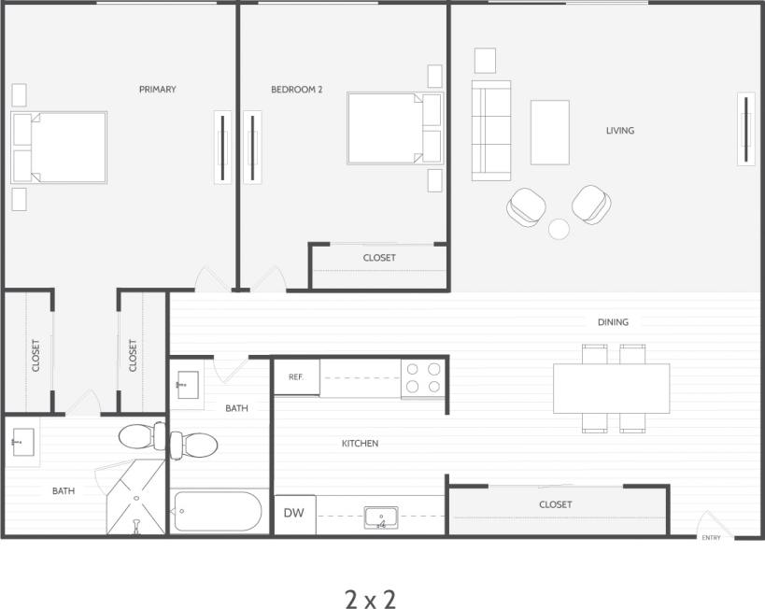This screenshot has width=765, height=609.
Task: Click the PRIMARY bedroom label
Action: pyautogui.click(x=157, y=90)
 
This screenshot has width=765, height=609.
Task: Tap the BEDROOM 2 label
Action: pyautogui.click(x=296, y=90)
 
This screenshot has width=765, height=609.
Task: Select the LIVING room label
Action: pyautogui.click(x=619, y=131)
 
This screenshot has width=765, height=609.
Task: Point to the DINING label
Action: pyautogui.click(x=613, y=322)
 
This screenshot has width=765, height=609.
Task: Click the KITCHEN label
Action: pyautogui.click(x=360, y=444)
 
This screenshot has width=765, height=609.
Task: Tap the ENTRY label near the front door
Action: pyautogui.click(x=711, y=538)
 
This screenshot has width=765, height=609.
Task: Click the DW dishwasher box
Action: pyautogui.click(x=294, y=514)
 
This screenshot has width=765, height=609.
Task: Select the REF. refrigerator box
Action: pyautogui.click(x=296, y=377)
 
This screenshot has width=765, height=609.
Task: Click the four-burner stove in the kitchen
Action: pyautogui.click(x=423, y=377)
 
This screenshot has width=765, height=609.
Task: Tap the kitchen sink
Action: pyautogui.click(x=380, y=517)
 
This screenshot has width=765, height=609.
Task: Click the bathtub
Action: pyautogui.click(x=218, y=512)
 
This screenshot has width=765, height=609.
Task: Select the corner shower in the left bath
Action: pyautogui.click(x=135, y=500)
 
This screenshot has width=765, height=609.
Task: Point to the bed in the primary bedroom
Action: pyautogui.click(x=59, y=148)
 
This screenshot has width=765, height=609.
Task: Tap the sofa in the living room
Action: pyautogui.click(x=490, y=131)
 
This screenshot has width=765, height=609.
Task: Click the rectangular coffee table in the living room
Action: pyautogui.click(x=549, y=133)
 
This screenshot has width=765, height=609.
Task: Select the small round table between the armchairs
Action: pyautogui.click(x=559, y=228)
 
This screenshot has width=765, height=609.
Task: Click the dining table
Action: pyautogui.click(x=611, y=389)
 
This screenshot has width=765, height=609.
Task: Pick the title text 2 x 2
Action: pyautogui.click(x=370, y=599)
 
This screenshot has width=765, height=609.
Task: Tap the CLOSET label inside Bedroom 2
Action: pyautogui.click(x=379, y=258)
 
